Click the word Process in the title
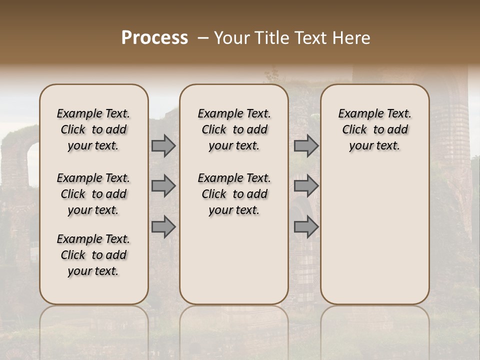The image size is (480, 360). pyautogui.click(x=154, y=38)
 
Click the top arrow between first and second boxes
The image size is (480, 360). pyautogui.click(x=163, y=146)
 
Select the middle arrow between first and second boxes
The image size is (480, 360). pyautogui.click(x=163, y=186)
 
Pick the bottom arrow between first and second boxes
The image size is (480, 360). pyautogui.click(x=163, y=227)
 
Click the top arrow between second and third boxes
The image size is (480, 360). pyautogui.click(x=306, y=146)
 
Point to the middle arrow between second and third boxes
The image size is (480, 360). pyautogui.click(x=306, y=186)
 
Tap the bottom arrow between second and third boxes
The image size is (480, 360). pyautogui.click(x=306, y=227)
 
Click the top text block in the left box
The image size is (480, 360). pyautogui.click(x=93, y=129)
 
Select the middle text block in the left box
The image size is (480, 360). pyautogui.click(x=93, y=194)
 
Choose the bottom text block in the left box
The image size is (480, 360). pyautogui.click(x=93, y=255)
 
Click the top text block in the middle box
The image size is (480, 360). pyautogui.click(x=234, y=129)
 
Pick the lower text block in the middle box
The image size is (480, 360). pyautogui.click(x=234, y=194)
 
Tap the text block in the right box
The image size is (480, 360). pyautogui.click(x=374, y=129)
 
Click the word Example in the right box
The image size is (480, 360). pyautogui.click(x=357, y=113)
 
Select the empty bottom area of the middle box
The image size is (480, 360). pyautogui.click(x=234, y=265)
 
